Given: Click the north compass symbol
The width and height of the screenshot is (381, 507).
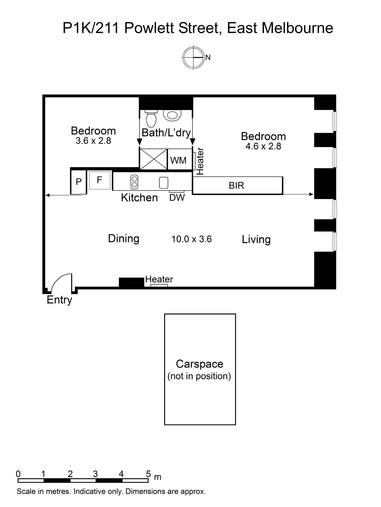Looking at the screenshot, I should [193, 57].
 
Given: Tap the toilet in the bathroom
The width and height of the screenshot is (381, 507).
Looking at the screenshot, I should [151, 119].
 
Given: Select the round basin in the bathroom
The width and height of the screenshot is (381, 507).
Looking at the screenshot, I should [172, 115].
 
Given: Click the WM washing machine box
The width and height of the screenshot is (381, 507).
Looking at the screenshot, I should [179, 160].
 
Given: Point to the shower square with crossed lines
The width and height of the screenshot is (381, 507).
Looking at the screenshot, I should [153, 159].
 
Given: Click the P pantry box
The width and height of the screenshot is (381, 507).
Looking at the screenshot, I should [79, 182].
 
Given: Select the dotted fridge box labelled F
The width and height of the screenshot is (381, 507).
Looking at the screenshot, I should [100, 180].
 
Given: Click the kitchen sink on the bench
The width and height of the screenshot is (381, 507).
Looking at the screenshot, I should [164, 183].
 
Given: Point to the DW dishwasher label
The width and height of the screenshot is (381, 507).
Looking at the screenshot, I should [177, 198].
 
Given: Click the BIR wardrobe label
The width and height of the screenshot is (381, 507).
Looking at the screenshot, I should [236, 186].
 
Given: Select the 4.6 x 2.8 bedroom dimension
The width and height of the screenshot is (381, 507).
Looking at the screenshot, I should [263, 147].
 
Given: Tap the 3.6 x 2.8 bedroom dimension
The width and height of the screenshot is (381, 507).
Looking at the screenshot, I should [93, 141].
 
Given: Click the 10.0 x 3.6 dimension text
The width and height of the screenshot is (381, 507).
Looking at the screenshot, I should [192, 239].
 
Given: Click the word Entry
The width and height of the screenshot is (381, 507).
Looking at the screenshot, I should [59, 300].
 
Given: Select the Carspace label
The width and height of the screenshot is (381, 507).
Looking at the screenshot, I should [200, 364].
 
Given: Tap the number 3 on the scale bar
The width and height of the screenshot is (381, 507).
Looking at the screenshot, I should [96, 474].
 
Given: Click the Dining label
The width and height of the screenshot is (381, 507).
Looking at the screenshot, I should [123, 238].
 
